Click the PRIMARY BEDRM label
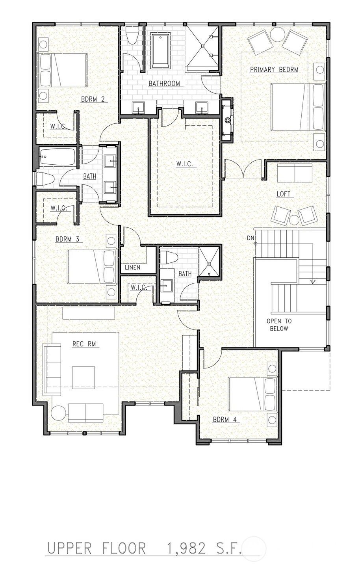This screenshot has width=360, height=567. (x=274, y=69)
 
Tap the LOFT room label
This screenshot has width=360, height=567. (x=283, y=194)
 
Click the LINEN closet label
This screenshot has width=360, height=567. (x=133, y=267)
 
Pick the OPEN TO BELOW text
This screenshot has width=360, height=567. (x=279, y=325)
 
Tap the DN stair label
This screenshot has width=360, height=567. (x=251, y=238)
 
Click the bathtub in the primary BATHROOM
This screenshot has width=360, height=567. (x=161, y=51)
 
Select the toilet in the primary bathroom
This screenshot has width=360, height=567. (x=132, y=36)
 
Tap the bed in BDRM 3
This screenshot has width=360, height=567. (x=92, y=266)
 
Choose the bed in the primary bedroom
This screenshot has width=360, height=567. (x=299, y=107)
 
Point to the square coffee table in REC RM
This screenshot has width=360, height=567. (x=84, y=377)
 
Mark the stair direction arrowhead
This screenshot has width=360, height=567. (x=313, y=281)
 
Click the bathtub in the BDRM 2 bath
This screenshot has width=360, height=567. (x=58, y=157)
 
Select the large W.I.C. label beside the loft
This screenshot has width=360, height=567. (x=185, y=164)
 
